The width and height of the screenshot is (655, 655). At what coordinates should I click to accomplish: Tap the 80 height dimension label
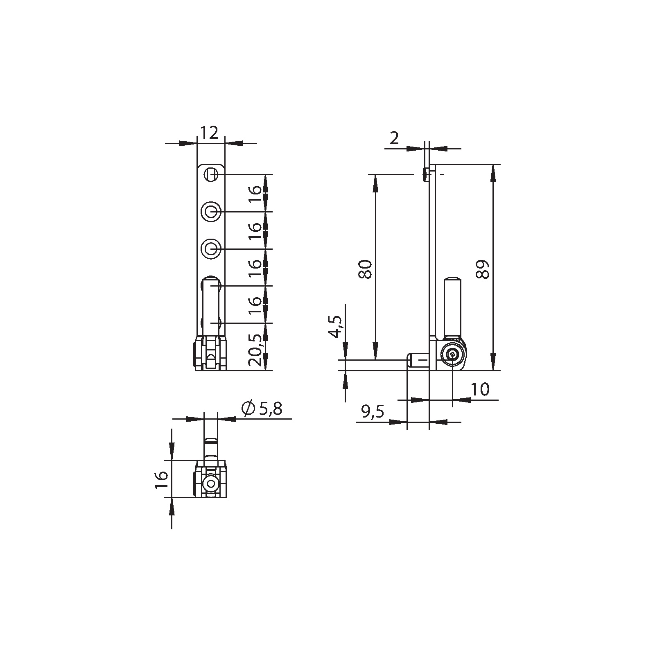tap(366, 269)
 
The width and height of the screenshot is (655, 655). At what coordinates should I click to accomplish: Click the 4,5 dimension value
tap(335, 326)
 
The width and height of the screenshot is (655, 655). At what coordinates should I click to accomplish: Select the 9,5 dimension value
tap(373, 412)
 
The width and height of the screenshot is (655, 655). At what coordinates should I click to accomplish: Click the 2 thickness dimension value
tap(394, 138)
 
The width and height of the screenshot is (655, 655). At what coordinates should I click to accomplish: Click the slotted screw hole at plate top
tap(212, 175)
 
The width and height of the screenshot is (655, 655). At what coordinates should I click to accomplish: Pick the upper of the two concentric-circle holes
tap(211, 212)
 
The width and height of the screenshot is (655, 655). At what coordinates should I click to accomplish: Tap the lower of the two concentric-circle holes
tap(211, 248)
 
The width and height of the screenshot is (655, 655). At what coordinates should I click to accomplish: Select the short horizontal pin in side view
tap(418, 360)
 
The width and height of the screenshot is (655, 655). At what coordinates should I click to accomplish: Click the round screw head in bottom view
tap(211, 484)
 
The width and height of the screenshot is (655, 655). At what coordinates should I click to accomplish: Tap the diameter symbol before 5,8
tap(248, 409)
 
